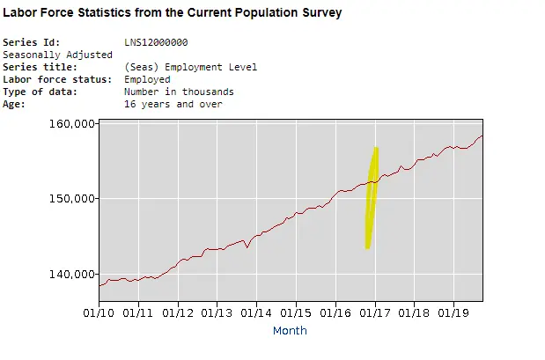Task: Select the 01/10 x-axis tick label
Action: coord(99,312)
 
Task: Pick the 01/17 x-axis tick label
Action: coord(376,312)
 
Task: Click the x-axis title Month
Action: coord(290,331)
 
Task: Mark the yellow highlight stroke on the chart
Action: coord(372,198)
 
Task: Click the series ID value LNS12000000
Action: coord(156,42)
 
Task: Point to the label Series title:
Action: coord(41,67)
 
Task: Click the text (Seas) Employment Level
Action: coord(190,67)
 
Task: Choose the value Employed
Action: coord(147,79)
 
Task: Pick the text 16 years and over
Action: coord(173,104)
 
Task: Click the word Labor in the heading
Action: coord(21,13)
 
